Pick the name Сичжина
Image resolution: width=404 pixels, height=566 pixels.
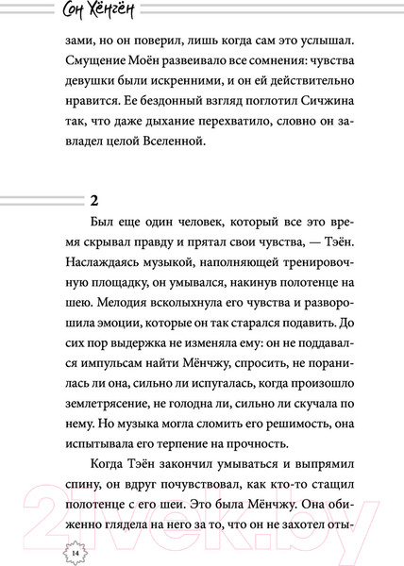click(308, 123)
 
